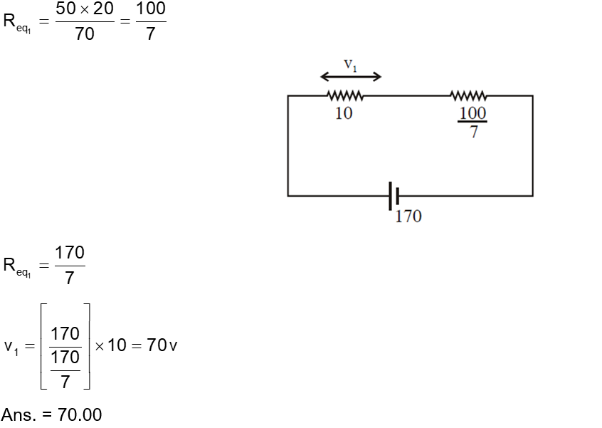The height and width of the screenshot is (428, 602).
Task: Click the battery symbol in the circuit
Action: (x=393, y=195)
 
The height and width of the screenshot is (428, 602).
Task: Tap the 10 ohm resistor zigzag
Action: (x=345, y=95)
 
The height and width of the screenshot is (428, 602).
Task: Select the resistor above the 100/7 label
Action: (x=469, y=95)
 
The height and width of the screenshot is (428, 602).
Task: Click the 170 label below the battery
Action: (x=408, y=216)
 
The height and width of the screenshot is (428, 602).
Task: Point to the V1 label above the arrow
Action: (x=351, y=64)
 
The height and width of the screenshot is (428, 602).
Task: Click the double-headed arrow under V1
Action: (x=351, y=77)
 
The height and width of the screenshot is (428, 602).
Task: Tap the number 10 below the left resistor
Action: (x=344, y=114)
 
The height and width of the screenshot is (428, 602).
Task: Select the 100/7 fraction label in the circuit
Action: (x=472, y=121)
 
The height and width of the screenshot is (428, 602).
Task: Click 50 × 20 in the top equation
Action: (x=85, y=9)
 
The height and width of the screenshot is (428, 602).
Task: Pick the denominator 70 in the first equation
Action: (x=85, y=33)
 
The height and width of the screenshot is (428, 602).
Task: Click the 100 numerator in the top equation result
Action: (x=150, y=9)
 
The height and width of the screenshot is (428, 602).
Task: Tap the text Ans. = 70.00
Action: (x=51, y=414)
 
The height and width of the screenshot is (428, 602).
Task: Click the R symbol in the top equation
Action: (x=9, y=21)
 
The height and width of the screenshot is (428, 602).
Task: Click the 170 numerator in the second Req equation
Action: (x=69, y=253)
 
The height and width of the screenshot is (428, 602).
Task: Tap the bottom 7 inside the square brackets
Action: (x=65, y=382)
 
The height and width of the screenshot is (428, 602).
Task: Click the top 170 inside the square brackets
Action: (x=65, y=333)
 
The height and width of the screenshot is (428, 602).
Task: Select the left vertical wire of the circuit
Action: (x=287, y=145)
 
